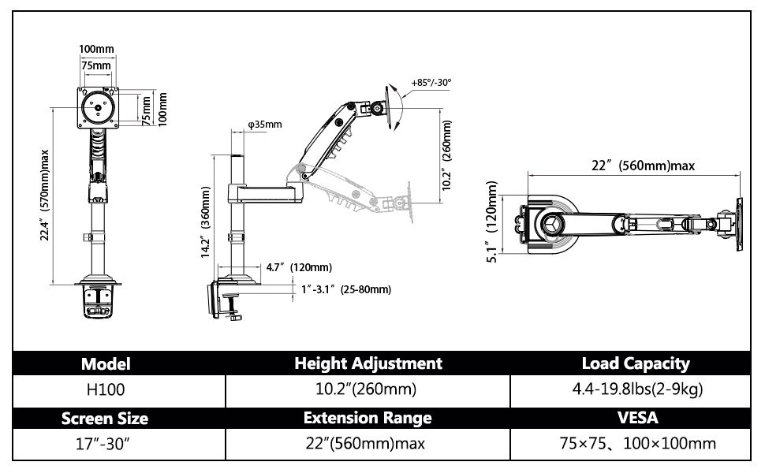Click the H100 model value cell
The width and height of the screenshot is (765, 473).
(x=106, y=389)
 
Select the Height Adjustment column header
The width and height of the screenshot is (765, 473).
(x=368, y=363)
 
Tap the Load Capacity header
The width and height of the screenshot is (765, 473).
(x=636, y=363)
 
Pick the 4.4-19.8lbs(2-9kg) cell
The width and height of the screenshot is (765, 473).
(x=637, y=389)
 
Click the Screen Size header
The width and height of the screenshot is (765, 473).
(x=104, y=419)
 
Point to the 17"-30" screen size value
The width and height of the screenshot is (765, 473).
(x=103, y=444)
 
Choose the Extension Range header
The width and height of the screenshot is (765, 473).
(x=368, y=418)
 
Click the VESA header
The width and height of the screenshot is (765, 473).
(x=638, y=418)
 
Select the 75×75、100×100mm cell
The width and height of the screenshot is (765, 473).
(x=638, y=444)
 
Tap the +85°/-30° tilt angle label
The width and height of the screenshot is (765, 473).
(x=431, y=83)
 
